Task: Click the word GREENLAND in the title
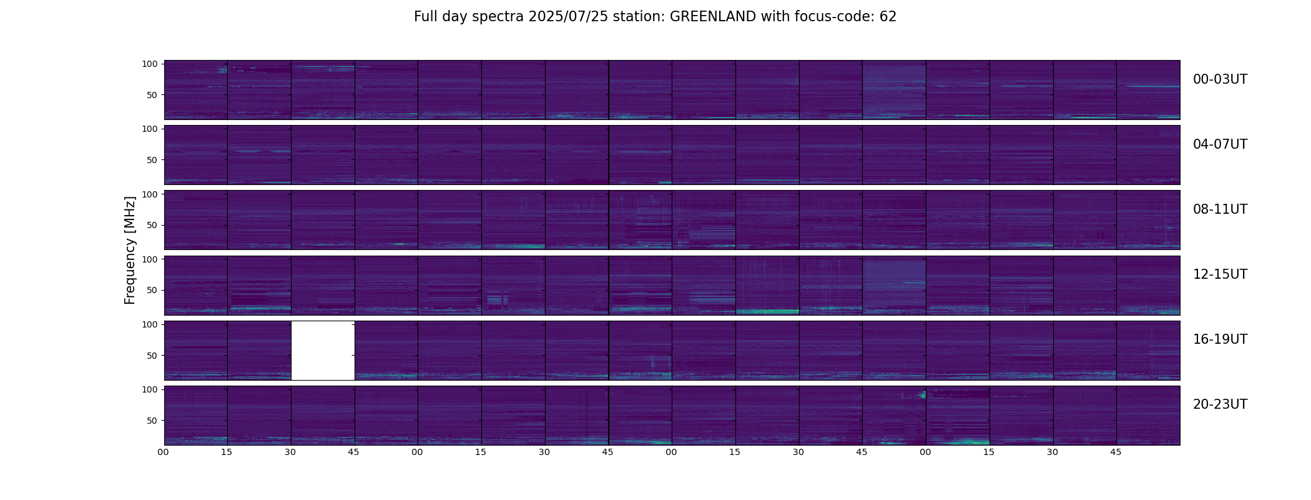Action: pos(713,17)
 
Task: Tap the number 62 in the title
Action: pos(888,17)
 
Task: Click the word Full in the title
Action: pos(426,17)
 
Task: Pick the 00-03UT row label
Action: pos(1220,79)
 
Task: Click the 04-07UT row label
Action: pos(1220,144)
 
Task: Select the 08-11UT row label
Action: pos(1220,209)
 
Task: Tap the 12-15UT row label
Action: pos(1220,274)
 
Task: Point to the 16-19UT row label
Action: pos(1220,339)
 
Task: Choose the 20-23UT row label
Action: pos(1220,404)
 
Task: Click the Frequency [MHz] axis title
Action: pos(130,250)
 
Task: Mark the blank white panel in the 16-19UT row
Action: pos(323,351)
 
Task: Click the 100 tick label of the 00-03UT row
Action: pos(150,64)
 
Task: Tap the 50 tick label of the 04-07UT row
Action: pos(152,160)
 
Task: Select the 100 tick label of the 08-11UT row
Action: pos(150,194)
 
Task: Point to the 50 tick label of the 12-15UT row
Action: pos(152,290)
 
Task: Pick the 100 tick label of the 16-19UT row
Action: pos(150,324)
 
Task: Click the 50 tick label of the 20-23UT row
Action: pos(152,420)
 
